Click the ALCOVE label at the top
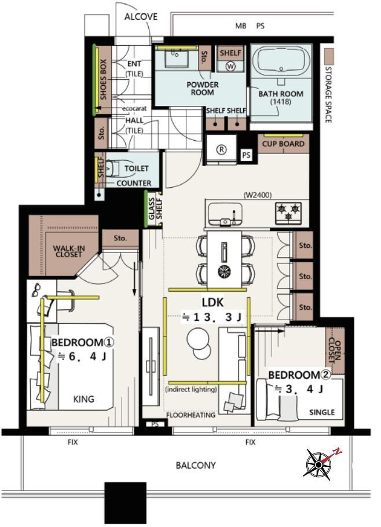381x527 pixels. [141, 16]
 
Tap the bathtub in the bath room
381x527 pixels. [281, 60]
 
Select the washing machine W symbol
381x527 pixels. [230, 66]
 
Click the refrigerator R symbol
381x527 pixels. [221, 150]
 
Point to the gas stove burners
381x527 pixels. [288, 213]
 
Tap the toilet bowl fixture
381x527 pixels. [112, 168]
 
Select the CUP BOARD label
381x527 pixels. [283, 144]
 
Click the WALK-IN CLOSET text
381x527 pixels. [69, 251]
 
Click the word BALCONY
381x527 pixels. [196, 466]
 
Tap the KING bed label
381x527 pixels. [83, 399]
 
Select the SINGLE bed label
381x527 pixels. [322, 412]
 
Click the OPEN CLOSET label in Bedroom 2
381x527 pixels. [335, 352]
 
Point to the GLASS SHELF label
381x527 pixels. [155, 208]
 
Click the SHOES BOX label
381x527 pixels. [103, 79]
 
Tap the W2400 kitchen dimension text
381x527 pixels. [258, 195]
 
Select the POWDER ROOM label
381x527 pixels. [202, 89]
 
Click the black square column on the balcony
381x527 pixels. [125, 503]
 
